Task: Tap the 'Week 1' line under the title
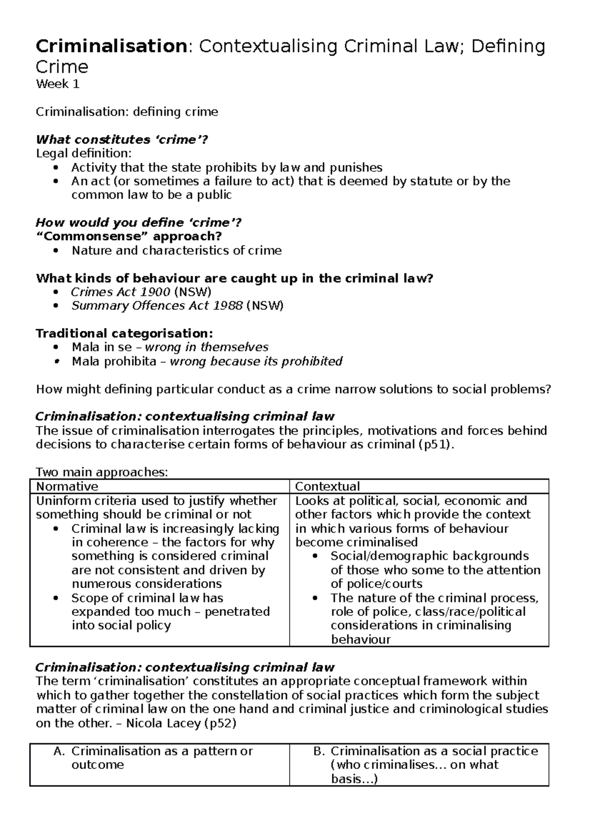[x=58, y=84]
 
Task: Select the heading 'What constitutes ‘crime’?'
[x=122, y=140]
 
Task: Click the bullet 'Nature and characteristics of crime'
[x=177, y=251]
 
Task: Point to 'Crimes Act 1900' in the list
[x=120, y=292]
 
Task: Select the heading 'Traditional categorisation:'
[x=124, y=333]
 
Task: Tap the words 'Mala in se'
[x=101, y=347]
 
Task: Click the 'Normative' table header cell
[x=67, y=486]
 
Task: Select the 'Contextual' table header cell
[x=327, y=486]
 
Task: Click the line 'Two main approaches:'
[x=102, y=473]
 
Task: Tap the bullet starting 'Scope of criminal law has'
[x=147, y=598]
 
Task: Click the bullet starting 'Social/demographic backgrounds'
[x=429, y=556]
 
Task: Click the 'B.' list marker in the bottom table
[x=319, y=751]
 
